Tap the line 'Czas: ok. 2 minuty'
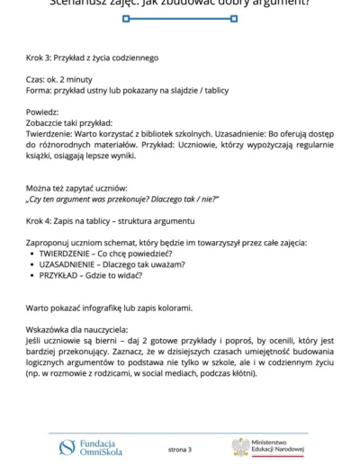(x=59, y=78)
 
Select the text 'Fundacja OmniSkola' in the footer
(x=101, y=447)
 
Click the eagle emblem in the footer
(x=240, y=447)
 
